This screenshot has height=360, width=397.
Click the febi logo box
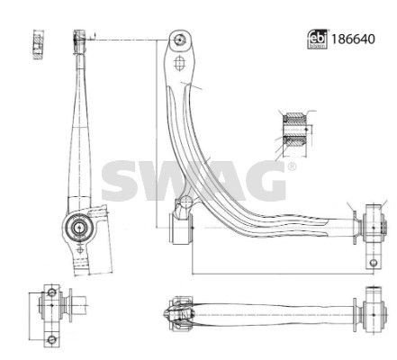point(318,40)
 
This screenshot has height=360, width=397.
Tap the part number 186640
point(353,40)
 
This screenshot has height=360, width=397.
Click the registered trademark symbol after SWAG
point(291,166)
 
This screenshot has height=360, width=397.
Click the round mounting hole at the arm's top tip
point(180,40)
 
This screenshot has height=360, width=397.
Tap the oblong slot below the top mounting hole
point(179,63)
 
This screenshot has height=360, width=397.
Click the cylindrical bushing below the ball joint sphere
point(180,228)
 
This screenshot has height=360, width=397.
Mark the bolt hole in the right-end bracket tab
point(374,263)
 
